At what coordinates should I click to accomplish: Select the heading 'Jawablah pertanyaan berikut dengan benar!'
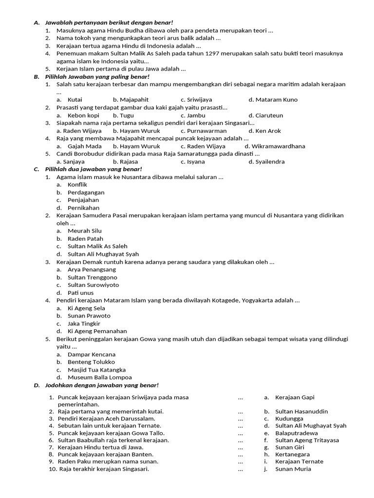point(109,22)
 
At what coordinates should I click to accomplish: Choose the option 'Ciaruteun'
point(269,115)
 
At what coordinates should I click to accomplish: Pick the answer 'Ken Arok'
point(268,131)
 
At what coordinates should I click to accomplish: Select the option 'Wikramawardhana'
point(278,146)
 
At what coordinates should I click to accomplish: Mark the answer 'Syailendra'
point(270,162)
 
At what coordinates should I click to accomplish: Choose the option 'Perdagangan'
point(86,193)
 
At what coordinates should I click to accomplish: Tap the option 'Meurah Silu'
point(84,231)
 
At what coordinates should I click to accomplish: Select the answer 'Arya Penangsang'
point(92,269)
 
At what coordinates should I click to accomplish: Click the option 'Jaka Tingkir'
point(84,323)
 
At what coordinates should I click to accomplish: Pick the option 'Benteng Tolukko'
point(91,362)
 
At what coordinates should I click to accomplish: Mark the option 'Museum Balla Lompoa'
point(99,377)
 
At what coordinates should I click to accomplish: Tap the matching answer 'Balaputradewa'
point(296,433)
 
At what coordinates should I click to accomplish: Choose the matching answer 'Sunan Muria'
point(293,469)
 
